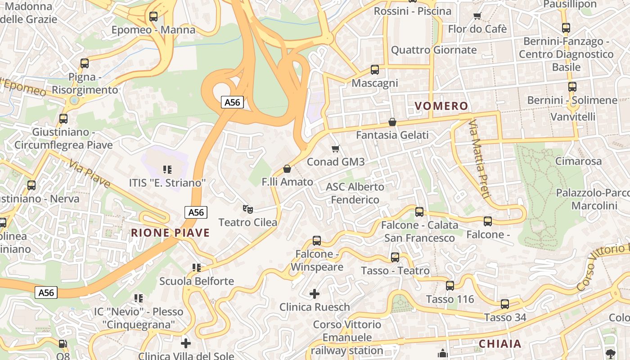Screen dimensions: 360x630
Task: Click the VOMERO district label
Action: pyautogui.click(x=441, y=106)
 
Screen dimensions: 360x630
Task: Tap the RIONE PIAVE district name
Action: pyautogui.click(x=171, y=233)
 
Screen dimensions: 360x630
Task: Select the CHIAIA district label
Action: pyautogui.click(x=500, y=344)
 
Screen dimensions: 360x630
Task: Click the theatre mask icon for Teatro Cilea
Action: pyautogui.click(x=247, y=209)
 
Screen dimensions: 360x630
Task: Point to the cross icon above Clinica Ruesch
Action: pyautogui.click(x=315, y=294)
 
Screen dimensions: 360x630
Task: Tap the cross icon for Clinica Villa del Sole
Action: pyautogui.click(x=185, y=343)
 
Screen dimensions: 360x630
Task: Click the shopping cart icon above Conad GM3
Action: pyautogui.click(x=335, y=148)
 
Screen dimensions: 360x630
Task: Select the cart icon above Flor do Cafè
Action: pyautogui.click(x=477, y=16)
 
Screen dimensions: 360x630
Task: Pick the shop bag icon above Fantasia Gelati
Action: pyautogui.click(x=392, y=122)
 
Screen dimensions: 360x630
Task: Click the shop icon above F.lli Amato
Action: pyautogui.click(x=287, y=169)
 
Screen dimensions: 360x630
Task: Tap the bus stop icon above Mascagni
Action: pyautogui.click(x=375, y=70)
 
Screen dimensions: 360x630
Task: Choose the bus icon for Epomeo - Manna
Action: pyautogui.click(x=153, y=17)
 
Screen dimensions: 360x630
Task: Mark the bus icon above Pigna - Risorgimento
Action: pyautogui.click(x=85, y=63)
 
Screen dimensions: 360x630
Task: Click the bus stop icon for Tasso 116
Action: pyautogui.click(x=450, y=286)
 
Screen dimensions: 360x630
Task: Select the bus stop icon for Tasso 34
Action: pyautogui.click(x=505, y=304)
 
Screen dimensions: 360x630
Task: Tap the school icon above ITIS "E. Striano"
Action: pyautogui.click(x=167, y=170)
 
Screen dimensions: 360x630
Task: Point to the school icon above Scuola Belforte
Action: pyautogui.click(x=197, y=268)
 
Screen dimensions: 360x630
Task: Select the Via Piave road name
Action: pyautogui.click(x=90, y=173)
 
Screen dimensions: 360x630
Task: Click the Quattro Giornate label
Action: pyautogui.click(x=433, y=50)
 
